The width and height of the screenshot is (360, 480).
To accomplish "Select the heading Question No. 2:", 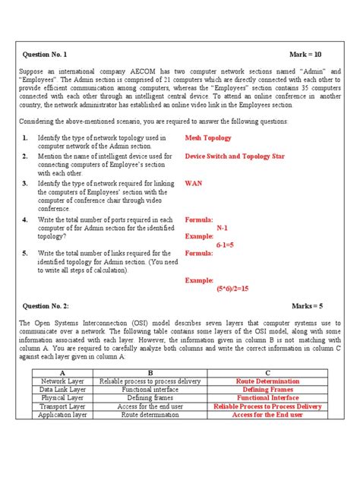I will click(x=46, y=305).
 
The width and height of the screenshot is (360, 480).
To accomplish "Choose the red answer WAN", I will click(x=194, y=183).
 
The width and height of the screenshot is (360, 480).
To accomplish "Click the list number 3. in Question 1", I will click(x=25, y=183).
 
